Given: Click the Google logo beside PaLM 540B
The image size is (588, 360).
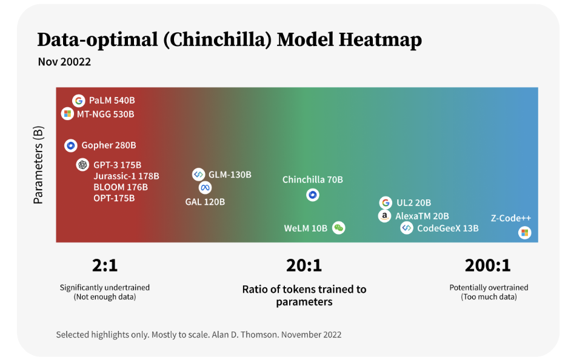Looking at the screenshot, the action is [x=78, y=101].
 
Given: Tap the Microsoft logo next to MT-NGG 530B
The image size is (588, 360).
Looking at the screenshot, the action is [x=67, y=113].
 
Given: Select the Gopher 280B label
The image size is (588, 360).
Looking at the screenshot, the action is [x=109, y=145].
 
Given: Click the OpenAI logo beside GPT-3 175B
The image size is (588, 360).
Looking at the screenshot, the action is [x=82, y=165].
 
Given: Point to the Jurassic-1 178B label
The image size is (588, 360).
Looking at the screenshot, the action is [x=126, y=176].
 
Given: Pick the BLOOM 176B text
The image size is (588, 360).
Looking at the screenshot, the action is [x=121, y=187].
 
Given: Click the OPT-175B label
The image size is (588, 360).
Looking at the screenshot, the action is [x=114, y=198].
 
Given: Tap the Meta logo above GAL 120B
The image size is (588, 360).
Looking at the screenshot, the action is [x=205, y=187].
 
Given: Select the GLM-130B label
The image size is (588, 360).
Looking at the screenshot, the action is [x=230, y=175].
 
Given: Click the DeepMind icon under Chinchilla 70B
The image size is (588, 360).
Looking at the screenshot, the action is [x=313, y=195].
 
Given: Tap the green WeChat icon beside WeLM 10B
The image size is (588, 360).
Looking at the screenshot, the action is [x=339, y=228].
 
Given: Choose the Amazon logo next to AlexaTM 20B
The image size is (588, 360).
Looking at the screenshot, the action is [x=384, y=216].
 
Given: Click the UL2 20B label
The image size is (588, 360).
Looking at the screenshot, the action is [x=414, y=203].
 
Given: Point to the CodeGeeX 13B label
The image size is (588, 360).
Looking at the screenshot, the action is [x=448, y=228].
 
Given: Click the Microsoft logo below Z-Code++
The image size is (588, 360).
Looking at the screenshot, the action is [x=524, y=233].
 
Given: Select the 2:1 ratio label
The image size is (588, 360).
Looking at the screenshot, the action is [x=105, y=265].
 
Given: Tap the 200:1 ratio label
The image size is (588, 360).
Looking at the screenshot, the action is [x=488, y=265].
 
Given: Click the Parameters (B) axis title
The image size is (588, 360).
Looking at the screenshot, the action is [x=38, y=165].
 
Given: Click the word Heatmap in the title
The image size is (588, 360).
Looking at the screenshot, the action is [x=380, y=40].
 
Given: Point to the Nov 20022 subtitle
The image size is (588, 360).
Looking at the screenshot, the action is [x=64, y=61].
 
